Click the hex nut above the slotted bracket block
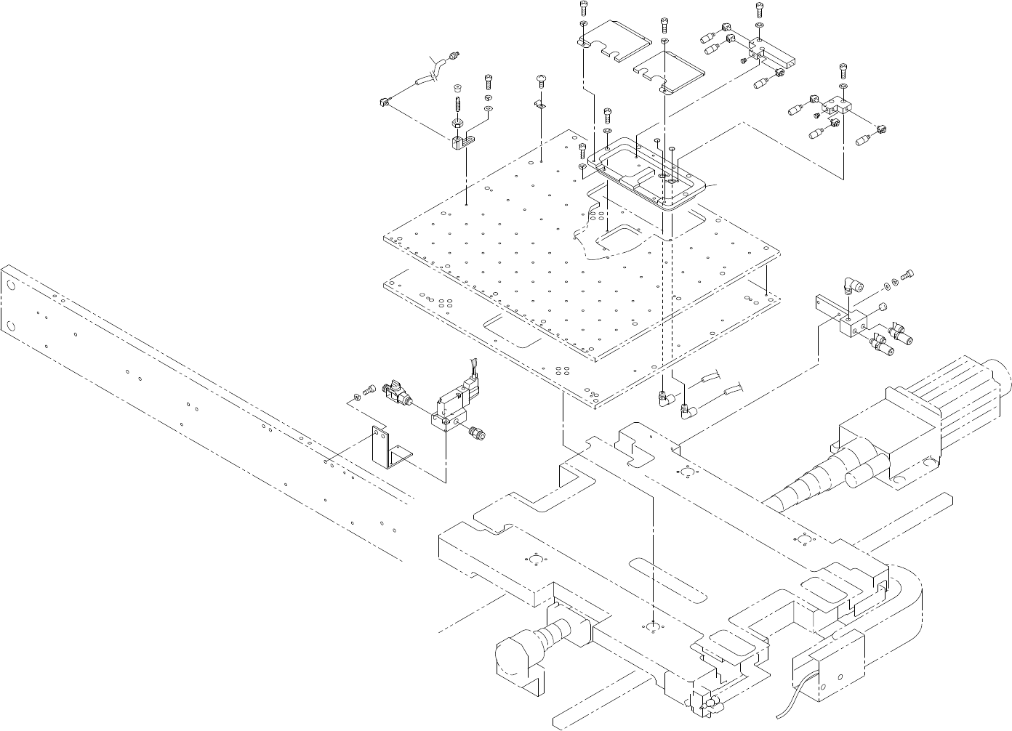click(x=459, y=121)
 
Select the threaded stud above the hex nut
click(x=459, y=102)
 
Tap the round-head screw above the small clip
click(x=541, y=79)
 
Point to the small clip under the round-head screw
click(x=540, y=105)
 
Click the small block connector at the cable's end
click(x=386, y=102)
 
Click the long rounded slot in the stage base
click(x=669, y=580)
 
